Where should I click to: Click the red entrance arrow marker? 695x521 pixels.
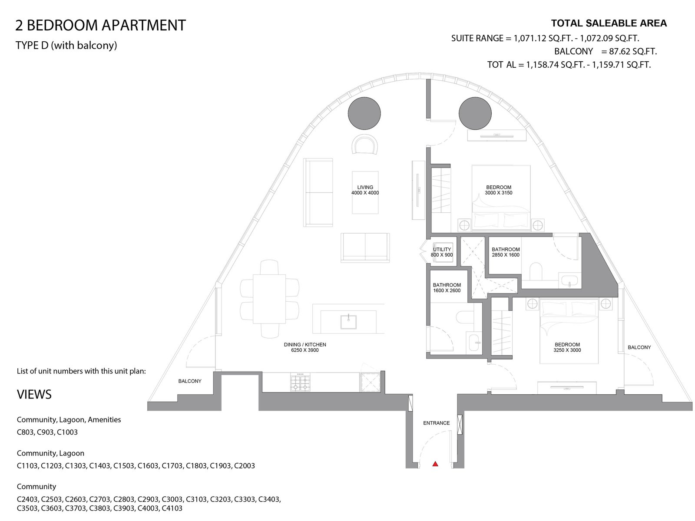(x=435, y=464)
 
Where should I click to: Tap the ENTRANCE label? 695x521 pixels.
(x=436, y=423)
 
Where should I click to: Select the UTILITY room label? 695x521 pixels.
(x=442, y=249)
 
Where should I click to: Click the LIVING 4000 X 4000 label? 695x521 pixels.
(x=365, y=190)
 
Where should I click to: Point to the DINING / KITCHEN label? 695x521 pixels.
(x=305, y=347)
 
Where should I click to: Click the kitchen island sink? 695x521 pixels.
(x=348, y=322)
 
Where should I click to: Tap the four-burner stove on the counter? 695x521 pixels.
(x=300, y=382)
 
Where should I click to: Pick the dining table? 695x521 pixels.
(x=269, y=299)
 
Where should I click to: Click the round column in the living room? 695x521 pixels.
(x=364, y=113)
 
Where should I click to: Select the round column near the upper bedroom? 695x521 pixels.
(x=475, y=113)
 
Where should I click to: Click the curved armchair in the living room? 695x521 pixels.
(x=365, y=145)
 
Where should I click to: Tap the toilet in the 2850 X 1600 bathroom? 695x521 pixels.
(x=536, y=270)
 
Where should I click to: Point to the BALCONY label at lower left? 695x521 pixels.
(x=190, y=381)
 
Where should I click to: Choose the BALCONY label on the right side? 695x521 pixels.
(x=639, y=347)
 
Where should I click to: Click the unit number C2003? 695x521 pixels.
(x=245, y=465)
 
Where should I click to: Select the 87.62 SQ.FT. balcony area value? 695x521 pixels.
(x=633, y=51)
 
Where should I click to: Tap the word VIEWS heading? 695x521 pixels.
(x=34, y=395)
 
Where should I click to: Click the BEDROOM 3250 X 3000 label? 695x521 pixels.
(x=567, y=347)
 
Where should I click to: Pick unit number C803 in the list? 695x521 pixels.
(x=26, y=432)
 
